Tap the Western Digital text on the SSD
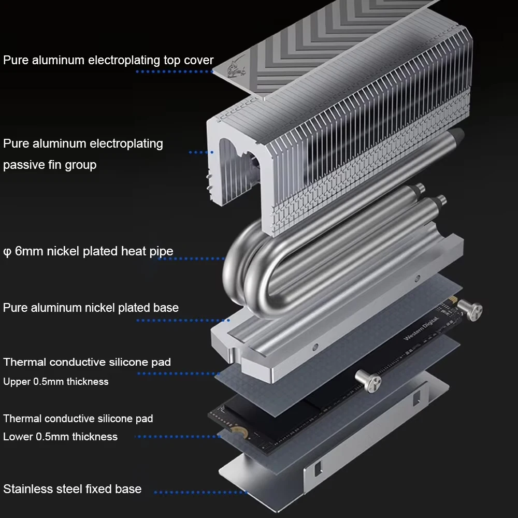421,329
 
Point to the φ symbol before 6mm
7,252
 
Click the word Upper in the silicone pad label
17,382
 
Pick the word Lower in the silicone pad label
18,437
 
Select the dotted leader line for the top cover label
174,71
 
